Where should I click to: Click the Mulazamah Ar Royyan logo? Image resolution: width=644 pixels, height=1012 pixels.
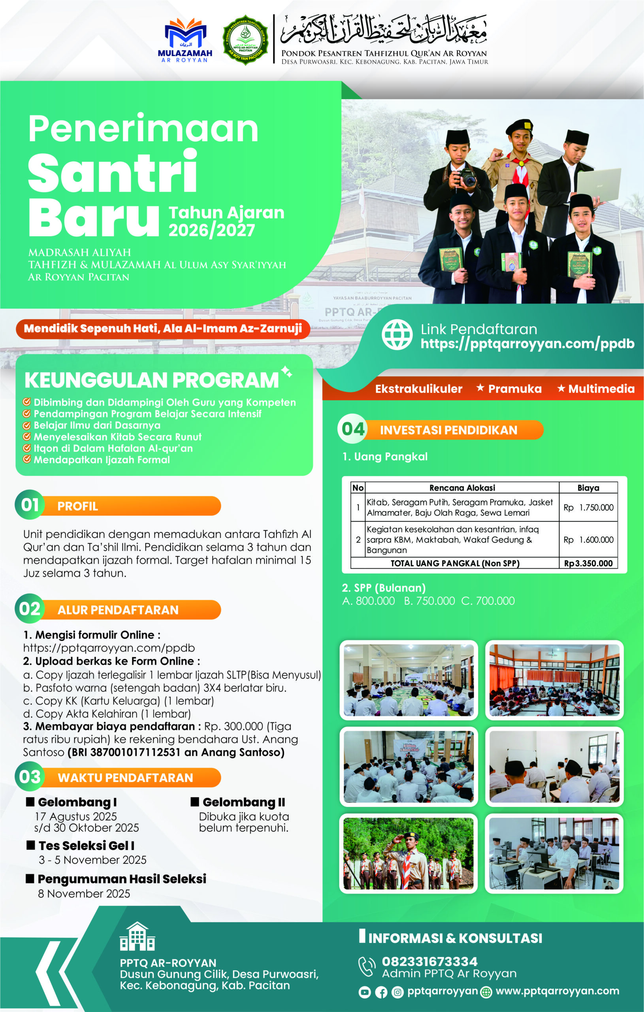pos(185,40)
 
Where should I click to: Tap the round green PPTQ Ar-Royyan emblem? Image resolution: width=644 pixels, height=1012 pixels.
pos(245,40)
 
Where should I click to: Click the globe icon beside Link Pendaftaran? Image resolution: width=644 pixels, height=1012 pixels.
pos(397,334)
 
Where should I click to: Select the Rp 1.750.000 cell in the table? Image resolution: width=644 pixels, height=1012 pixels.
pos(588,507)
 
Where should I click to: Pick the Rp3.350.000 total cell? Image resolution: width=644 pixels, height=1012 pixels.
pos(588,563)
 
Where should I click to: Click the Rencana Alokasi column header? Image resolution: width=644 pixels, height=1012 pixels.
pos(462,487)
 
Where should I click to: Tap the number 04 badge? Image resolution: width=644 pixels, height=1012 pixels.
pos(353,429)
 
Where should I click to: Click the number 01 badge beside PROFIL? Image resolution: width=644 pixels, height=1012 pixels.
pos(30,505)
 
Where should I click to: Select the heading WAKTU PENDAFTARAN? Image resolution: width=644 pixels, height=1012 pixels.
pos(125,778)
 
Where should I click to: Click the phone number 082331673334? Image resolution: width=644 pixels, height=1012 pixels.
pos(429,961)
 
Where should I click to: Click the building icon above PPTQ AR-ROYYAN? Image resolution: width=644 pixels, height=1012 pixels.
pos(137,937)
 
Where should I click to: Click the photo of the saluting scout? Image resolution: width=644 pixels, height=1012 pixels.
pos(409,853)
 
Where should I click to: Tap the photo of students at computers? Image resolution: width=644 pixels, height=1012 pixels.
pos(554,853)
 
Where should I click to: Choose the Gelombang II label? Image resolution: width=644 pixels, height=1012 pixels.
pos(244,802)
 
